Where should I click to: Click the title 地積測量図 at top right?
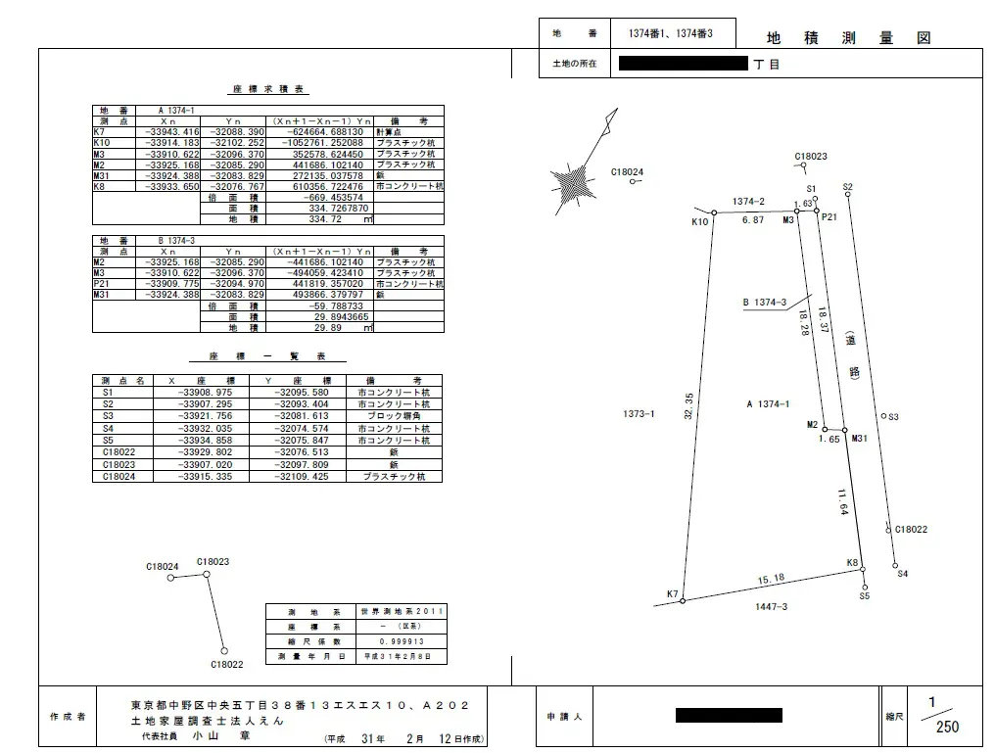click(x=847, y=38)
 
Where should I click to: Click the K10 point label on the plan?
click(x=699, y=222)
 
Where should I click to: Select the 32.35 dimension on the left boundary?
click(x=688, y=406)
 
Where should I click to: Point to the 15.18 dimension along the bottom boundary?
click(x=771, y=579)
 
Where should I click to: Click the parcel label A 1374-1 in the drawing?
click(x=767, y=403)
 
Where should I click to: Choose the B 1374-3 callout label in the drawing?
click(x=765, y=303)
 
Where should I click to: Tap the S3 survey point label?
click(x=893, y=417)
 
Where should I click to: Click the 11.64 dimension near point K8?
click(x=842, y=502)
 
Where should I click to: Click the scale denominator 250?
click(x=947, y=728)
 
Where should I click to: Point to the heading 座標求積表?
click(x=268, y=89)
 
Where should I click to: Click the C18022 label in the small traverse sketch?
click(x=226, y=664)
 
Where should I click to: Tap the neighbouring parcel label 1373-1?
click(x=639, y=414)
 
